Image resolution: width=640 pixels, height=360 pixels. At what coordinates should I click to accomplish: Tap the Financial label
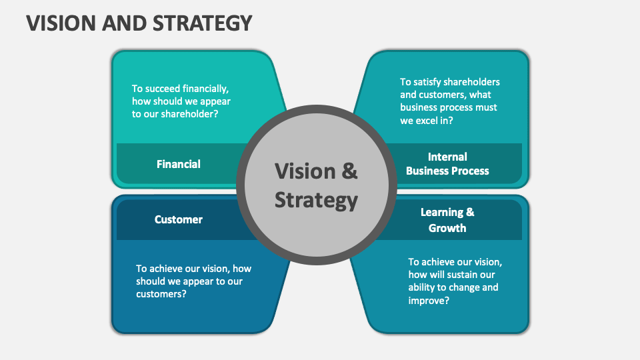(x=179, y=163)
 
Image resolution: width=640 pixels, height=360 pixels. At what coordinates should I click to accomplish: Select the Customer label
(x=179, y=219)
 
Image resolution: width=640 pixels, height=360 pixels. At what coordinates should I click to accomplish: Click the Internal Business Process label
(x=447, y=163)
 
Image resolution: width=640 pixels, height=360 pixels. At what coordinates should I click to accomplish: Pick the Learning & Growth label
(x=447, y=220)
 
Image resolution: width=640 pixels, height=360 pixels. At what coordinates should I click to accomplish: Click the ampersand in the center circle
(x=349, y=171)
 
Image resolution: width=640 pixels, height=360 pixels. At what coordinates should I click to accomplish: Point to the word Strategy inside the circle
(x=317, y=200)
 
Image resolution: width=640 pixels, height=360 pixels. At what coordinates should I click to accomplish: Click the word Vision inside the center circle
(x=305, y=171)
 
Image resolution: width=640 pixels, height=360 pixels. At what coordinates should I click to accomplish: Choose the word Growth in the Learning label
(x=447, y=227)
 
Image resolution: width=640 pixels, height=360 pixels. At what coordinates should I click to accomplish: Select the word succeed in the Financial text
(x=162, y=88)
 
